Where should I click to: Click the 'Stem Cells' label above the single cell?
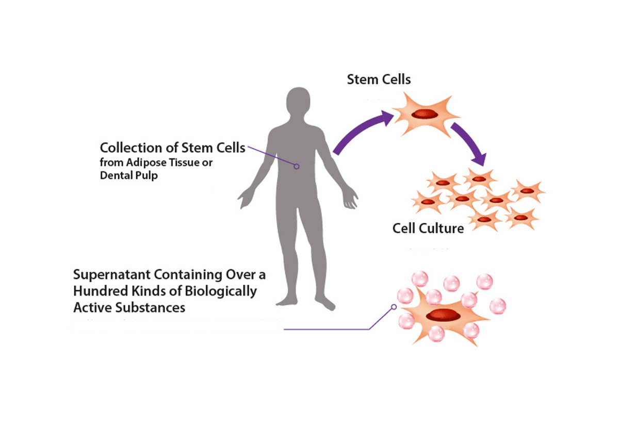pos(379,80)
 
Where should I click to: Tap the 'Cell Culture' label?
pos(428,227)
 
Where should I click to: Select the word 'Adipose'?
pos(146,163)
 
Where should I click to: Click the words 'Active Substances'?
pos(129,308)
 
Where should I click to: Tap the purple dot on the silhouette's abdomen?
pos(297,166)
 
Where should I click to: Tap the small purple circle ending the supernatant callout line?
pos(394,306)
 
